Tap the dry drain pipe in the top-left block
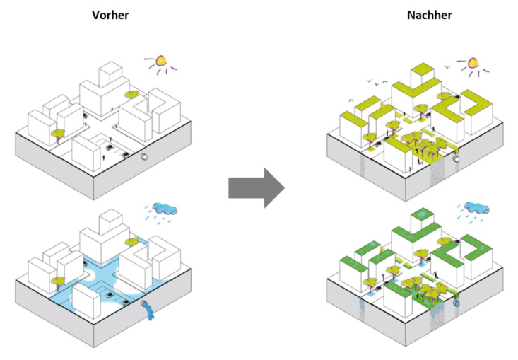pyautogui.click(x=145, y=158)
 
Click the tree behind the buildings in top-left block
pyautogui.click(x=131, y=94)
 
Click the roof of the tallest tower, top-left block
pyautogui.click(x=112, y=69)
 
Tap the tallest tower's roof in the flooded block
pyautogui.click(x=111, y=216)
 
